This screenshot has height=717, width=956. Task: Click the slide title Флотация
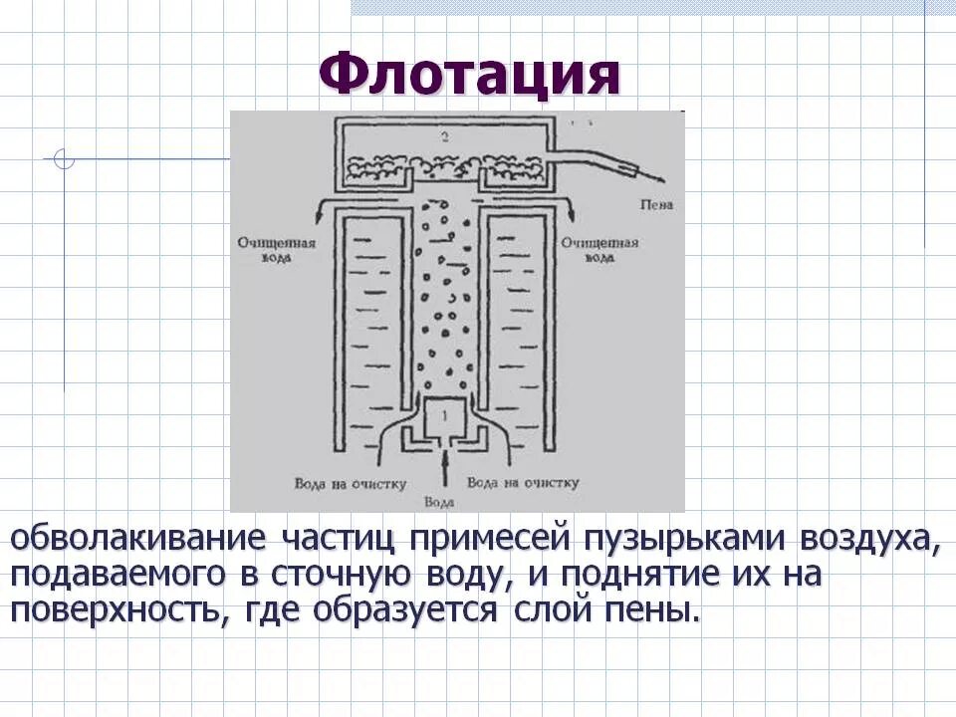point(470,75)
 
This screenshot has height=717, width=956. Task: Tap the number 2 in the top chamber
point(444,138)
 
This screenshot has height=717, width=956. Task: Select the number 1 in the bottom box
point(445,410)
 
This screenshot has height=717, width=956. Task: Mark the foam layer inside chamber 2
point(445,163)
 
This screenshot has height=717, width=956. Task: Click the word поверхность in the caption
point(113,609)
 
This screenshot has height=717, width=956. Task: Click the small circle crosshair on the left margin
point(65,159)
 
